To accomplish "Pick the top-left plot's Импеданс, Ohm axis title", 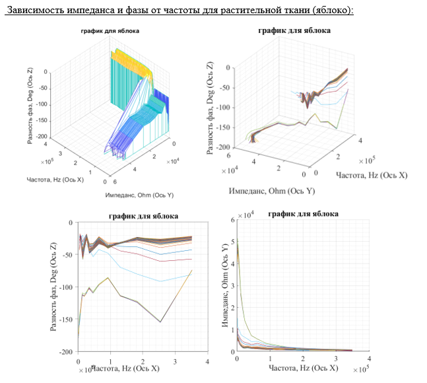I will point(139,195).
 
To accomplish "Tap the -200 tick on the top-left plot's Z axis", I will point(41,136).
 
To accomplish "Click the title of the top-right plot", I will point(296,30).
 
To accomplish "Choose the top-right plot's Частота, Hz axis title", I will point(372,175).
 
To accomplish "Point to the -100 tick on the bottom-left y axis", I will point(65,287).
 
